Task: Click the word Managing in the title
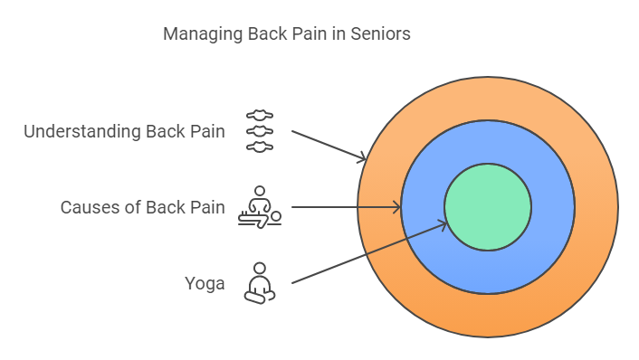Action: point(203,34)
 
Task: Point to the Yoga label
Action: point(205,284)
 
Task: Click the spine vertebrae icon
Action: point(260,131)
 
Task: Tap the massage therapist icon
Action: point(260,207)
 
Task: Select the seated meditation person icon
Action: point(260,283)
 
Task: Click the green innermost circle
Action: point(488,207)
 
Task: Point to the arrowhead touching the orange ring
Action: point(362,157)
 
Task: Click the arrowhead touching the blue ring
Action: point(396,207)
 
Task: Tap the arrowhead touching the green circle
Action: point(443,224)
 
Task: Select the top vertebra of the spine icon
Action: point(260,115)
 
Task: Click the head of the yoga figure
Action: point(260,268)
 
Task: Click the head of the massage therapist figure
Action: point(260,191)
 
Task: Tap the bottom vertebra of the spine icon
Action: point(260,147)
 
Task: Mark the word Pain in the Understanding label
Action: point(207,131)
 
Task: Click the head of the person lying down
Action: point(276,217)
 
